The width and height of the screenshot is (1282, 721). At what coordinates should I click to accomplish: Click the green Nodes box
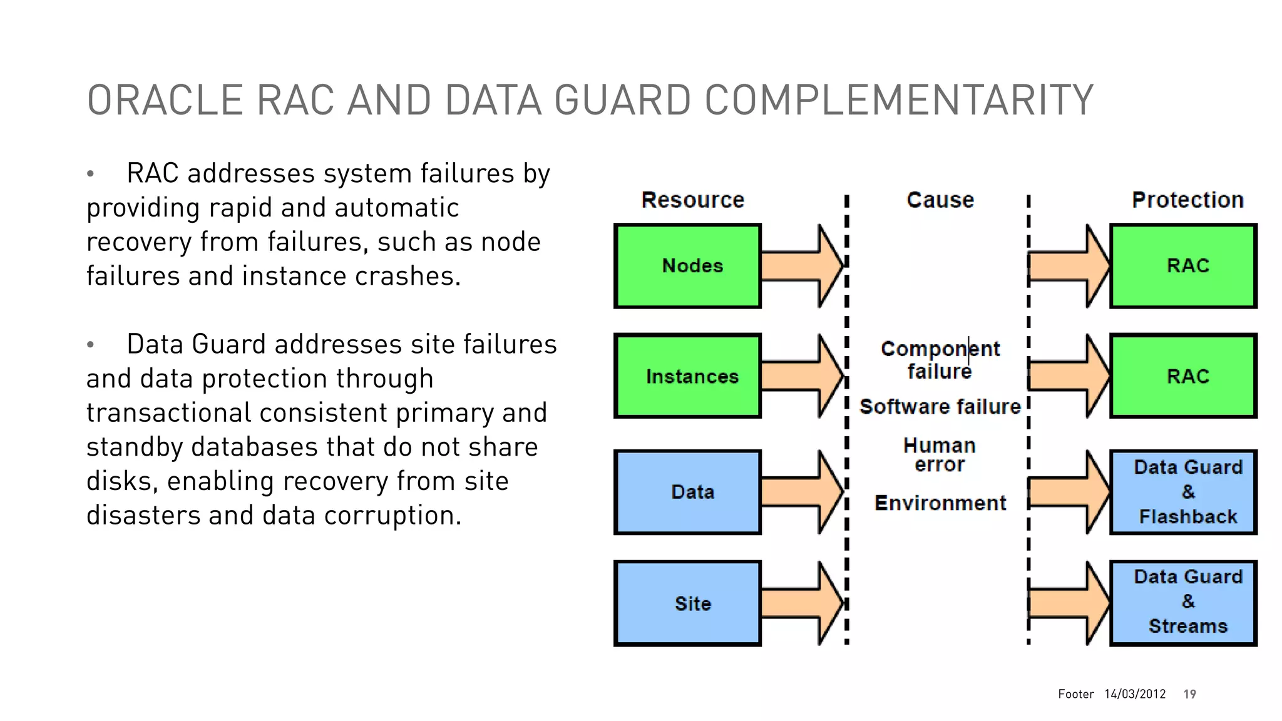[687, 266]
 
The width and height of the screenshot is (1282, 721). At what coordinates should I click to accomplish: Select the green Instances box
[687, 376]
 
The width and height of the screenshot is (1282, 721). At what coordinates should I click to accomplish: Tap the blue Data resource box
[687, 492]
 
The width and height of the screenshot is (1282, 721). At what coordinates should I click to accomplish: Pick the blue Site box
[687, 603]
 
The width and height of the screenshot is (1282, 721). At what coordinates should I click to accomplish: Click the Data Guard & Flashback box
[1183, 492]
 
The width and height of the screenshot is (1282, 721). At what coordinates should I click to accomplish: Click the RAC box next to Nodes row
[1183, 266]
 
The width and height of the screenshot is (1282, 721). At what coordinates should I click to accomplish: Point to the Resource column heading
[692, 200]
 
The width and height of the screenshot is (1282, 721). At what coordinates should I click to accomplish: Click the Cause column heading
[940, 200]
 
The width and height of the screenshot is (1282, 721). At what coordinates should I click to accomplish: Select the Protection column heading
[1187, 200]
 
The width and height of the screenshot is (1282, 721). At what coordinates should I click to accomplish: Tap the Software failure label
[940, 407]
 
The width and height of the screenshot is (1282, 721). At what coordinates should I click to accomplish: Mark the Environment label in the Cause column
[940, 503]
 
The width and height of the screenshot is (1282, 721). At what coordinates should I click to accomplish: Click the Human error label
[940, 455]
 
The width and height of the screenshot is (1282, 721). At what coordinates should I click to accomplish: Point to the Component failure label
[940, 360]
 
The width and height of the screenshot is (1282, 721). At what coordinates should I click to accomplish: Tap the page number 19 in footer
[1189, 694]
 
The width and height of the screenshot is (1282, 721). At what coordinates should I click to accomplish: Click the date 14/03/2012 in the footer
[1135, 694]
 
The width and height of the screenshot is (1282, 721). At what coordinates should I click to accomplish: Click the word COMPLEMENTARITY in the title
[899, 100]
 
